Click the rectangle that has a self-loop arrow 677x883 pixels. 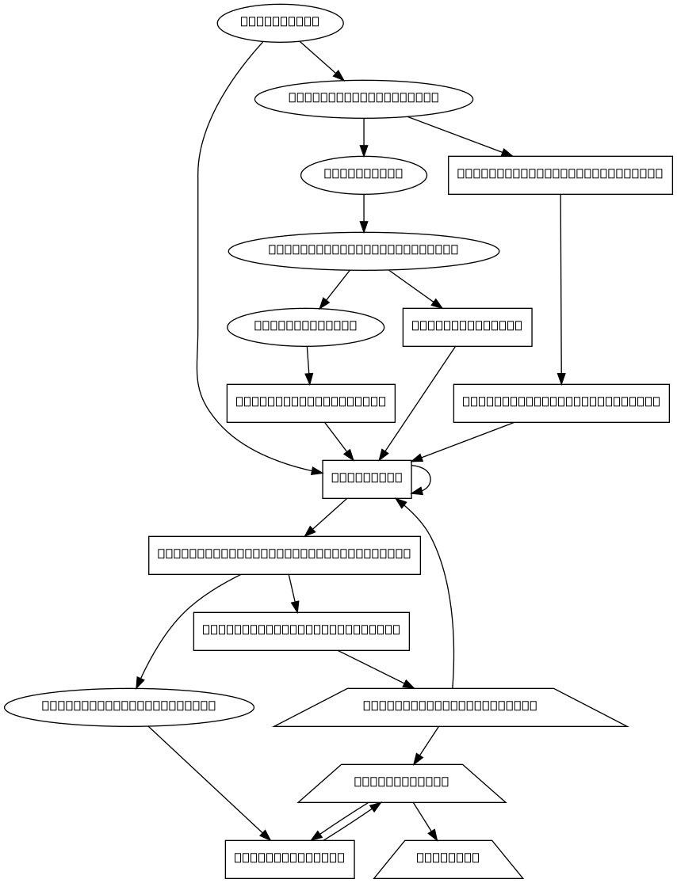point(366,479)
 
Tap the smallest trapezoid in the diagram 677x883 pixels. point(448,858)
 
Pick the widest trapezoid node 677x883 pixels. point(450,706)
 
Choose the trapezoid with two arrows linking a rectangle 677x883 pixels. point(402,783)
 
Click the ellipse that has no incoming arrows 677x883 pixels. point(280,23)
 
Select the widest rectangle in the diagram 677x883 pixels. point(285,555)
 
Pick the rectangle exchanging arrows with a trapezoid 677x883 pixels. point(289,858)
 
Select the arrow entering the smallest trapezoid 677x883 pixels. point(424,821)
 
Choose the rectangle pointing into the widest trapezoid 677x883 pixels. point(301,631)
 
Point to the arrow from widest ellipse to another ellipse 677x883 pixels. point(335,289)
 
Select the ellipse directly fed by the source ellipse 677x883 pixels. point(364,99)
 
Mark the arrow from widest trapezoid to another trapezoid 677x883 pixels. point(426,745)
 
